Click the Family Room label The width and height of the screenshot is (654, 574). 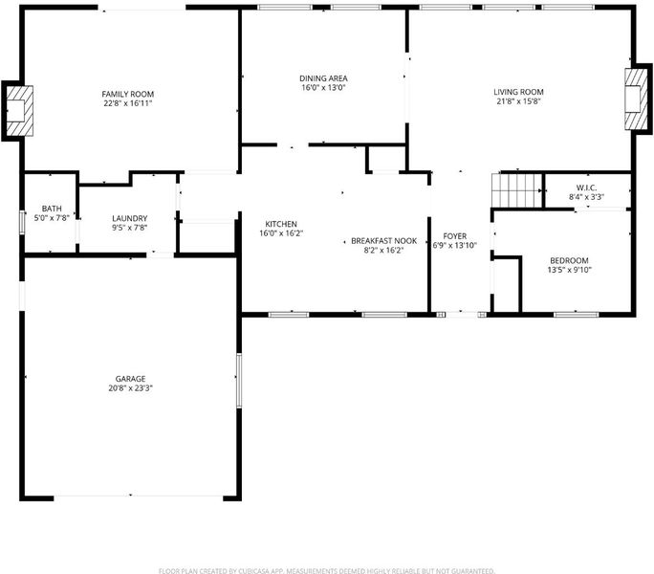pyautogui.click(x=127, y=94)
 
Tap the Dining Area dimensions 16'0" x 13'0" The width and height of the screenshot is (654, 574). pyautogui.click(x=324, y=88)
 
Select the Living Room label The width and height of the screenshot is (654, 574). pyautogui.click(x=518, y=92)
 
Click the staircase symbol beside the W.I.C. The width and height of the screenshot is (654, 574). pyautogui.click(x=517, y=190)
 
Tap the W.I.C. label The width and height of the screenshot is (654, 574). pyautogui.click(x=586, y=188)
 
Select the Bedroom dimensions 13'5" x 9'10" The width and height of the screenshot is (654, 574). pyautogui.click(x=569, y=270)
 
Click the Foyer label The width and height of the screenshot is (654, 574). pyautogui.click(x=454, y=236)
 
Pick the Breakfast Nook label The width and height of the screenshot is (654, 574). pyautogui.click(x=383, y=241)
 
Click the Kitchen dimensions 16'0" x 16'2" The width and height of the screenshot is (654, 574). pyautogui.click(x=281, y=233)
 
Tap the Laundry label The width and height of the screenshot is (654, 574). pyautogui.click(x=130, y=218)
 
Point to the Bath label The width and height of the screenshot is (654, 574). pyautogui.click(x=52, y=209)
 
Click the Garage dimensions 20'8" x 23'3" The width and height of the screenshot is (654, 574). pyautogui.click(x=131, y=387)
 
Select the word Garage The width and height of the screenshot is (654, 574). pyautogui.click(x=131, y=379)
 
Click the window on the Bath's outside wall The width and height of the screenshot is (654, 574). pyautogui.click(x=22, y=222)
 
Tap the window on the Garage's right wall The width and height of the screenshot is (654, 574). pyautogui.click(x=239, y=381)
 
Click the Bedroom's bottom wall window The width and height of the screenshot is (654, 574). pyautogui.click(x=576, y=315)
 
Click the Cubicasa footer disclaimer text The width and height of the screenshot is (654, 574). pyautogui.click(x=327, y=571)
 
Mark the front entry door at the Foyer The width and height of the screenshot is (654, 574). pyautogui.click(x=462, y=315)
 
